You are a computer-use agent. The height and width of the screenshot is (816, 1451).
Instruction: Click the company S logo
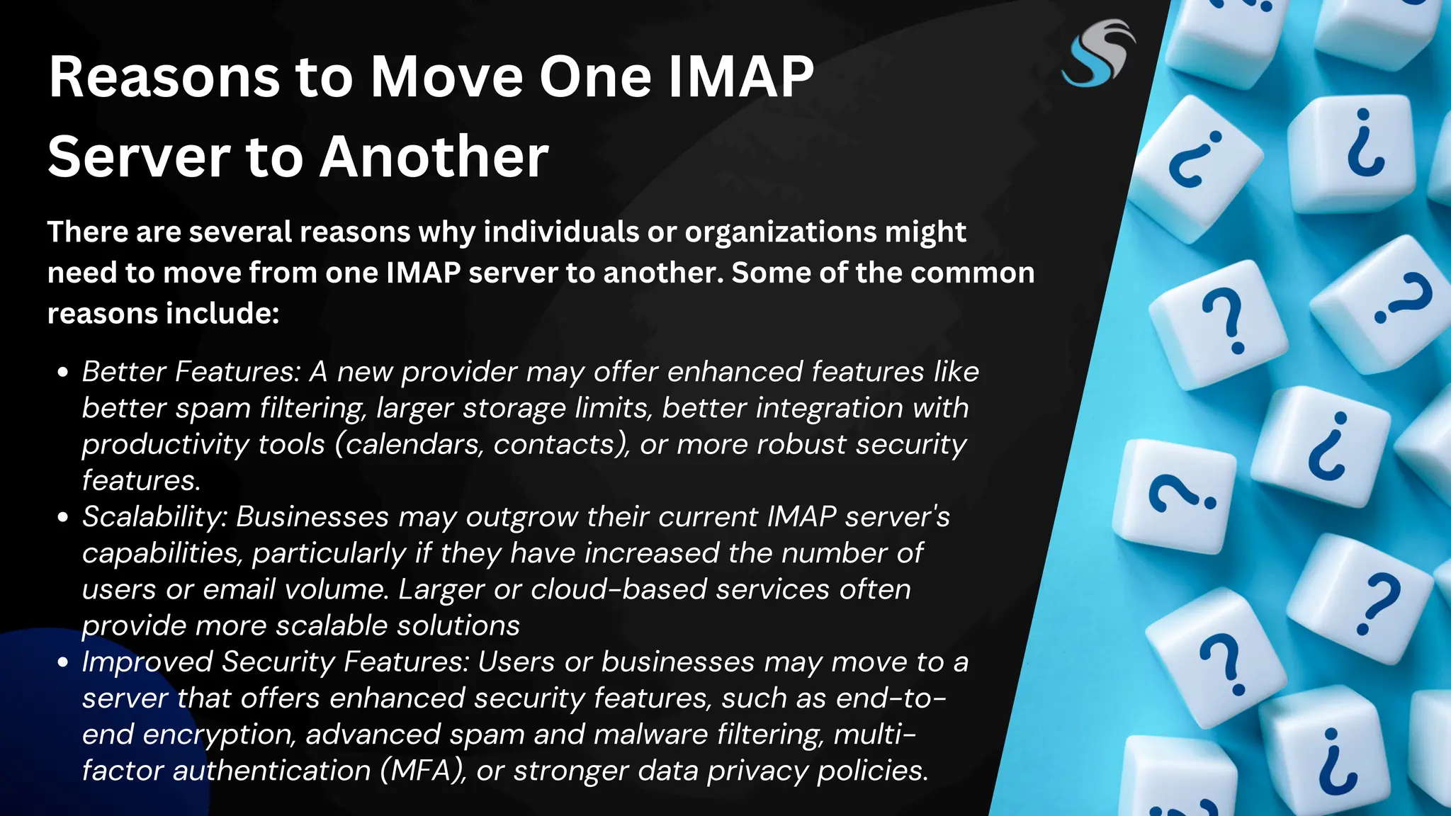click(x=1097, y=54)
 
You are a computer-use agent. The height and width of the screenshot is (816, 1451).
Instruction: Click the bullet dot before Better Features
click(x=63, y=373)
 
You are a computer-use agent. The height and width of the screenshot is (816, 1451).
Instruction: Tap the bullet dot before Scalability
click(x=63, y=518)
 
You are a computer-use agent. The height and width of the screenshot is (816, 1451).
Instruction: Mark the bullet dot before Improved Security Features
click(x=63, y=663)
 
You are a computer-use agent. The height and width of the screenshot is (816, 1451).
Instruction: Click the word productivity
click(x=164, y=445)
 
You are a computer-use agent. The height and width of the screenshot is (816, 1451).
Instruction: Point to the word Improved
click(x=147, y=662)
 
